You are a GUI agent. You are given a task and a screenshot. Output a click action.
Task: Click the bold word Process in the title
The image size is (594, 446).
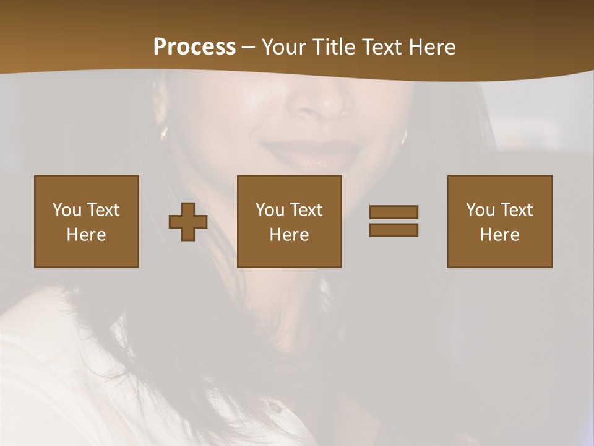pos(194,47)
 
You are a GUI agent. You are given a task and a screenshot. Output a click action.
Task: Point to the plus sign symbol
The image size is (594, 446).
pos(188,221)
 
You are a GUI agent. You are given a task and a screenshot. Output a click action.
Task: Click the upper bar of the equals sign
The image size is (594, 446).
pos(394,212)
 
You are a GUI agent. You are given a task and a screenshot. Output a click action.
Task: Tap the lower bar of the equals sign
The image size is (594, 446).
pos(394,230)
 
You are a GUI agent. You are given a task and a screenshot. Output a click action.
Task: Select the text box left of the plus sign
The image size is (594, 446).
pos(87,221)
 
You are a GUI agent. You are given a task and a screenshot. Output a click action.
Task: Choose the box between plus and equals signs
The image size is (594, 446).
pos(290,221)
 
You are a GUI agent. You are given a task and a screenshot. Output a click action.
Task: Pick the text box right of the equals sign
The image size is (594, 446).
pos(500,221)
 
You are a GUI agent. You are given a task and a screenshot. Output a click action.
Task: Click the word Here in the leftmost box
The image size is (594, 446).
pos(86,235)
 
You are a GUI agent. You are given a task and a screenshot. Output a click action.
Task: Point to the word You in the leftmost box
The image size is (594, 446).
pos(67,210)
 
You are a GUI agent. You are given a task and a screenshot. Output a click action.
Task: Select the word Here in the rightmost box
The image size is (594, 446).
pos(499,235)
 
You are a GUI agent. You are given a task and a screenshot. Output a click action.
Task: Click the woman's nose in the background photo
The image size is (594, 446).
pos(319,102)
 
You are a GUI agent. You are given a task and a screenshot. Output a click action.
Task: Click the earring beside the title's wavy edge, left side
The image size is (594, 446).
pos(164,132)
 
